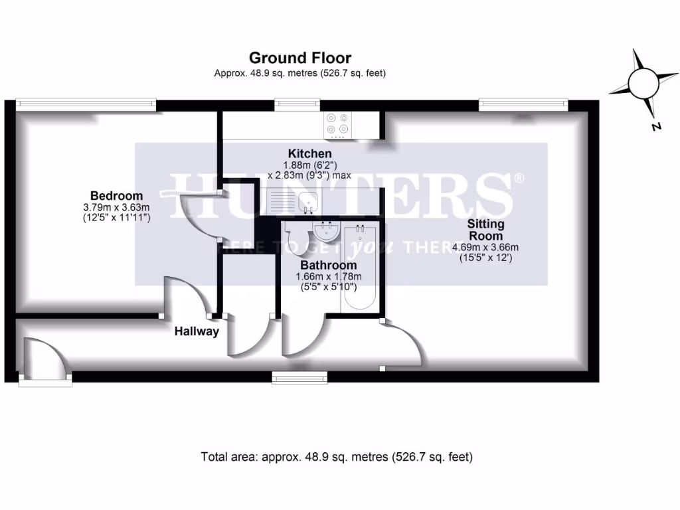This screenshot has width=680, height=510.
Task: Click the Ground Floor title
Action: (x=299, y=58)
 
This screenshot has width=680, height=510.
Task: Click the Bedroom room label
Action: (x=116, y=196)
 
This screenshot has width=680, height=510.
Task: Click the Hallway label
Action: (x=196, y=331)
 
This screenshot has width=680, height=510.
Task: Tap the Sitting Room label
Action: (x=485, y=230)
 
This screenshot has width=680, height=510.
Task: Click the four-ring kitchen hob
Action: (x=337, y=124)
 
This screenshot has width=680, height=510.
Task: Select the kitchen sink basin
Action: (x=307, y=200)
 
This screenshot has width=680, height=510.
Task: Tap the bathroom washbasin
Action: (x=326, y=232)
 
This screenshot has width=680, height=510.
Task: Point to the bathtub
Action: (x=359, y=269)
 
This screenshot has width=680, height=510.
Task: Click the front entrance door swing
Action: (x=45, y=359)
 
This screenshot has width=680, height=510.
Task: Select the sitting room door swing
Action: (x=402, y=342)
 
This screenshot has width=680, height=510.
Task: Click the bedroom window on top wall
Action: (x=86, y=103)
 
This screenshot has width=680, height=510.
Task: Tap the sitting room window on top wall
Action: (x=523, y=103)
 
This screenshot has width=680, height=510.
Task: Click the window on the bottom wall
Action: (x=292, y=378)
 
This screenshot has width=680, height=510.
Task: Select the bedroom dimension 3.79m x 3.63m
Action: (x=116, y=207)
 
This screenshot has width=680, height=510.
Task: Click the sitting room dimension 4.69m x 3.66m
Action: (x=485, y=247)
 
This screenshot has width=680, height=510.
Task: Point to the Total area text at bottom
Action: (x=336, y=457)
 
